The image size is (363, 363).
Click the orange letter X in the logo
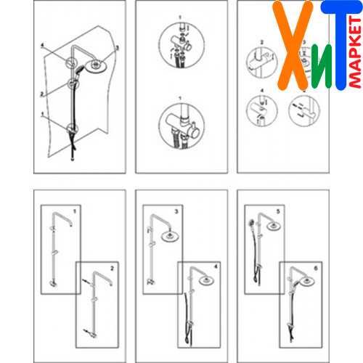pyautogui.click(x=293, y=46)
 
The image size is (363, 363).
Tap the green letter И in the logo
pyautogui.click(x=322, y=67)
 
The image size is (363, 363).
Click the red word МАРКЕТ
pyautogui.click(x=355, y=52)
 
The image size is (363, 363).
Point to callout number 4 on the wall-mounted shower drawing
pyautogui.click(x=42, y=45)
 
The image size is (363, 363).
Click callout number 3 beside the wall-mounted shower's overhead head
pyautogui.click(x=118, y=48)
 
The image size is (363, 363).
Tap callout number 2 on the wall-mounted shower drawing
pyautogui.click(x=42, y=94)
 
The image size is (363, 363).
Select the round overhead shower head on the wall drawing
pyautogui.click(x=96, y=65)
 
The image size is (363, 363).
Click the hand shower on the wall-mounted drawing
pyautogui.click(x=78, y=70)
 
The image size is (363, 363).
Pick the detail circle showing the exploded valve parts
pyautogui.click(x=181, y=45)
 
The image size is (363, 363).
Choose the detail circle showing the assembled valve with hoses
pyautogui.click(x=181, y=126)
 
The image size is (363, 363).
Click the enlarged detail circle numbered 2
pyautogui.click(x=261, y=62)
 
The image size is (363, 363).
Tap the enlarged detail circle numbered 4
pyautogui.click(x=261, y=110)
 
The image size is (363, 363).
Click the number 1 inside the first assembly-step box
pyautogui.click(x=75, y=211)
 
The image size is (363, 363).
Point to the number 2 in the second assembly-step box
pyautogui.click(x=112, y=269)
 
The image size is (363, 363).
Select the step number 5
pyautogui.click(x=278, y=211)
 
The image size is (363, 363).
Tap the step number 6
pyautogui.click(x=316, y=268)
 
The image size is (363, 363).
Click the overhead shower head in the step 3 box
pyautogui.click(x=170, y=236)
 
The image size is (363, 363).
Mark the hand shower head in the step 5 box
pyautogui.click(x=251, y=222)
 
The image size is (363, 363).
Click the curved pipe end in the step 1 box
pyautogui.click(x=71, y=225)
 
